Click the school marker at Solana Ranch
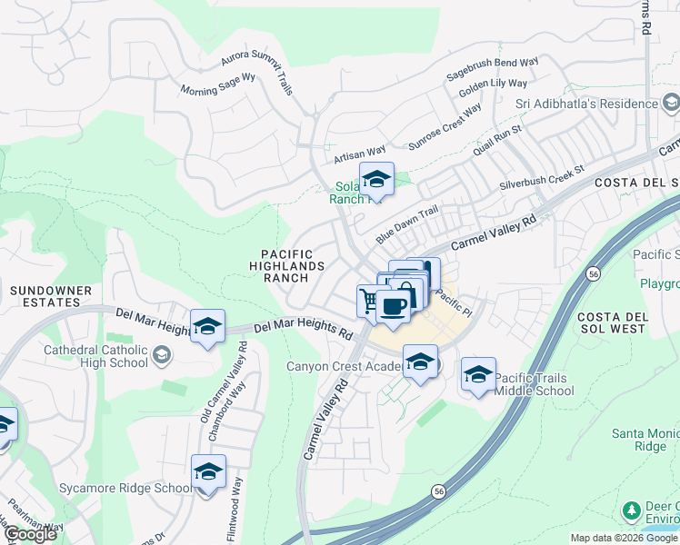click(375, 180)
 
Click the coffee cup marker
click(394, 306)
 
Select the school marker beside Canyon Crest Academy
click(419, 362)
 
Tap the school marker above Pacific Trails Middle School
click(478, 374)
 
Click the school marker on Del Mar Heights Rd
click(207, 326)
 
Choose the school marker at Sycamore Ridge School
click(208, 473)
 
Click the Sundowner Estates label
click(51, 297)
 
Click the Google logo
click(29, 534)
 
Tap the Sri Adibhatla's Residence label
click(586, 104)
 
